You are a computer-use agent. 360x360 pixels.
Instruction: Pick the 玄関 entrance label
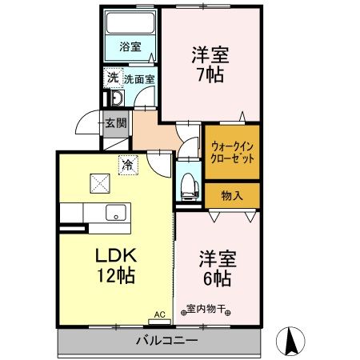pyautogui.click(x=115, y=123)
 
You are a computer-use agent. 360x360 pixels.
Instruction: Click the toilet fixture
pyautogui.click(x=189, y=182)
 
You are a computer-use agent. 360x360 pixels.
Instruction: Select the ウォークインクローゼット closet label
pyautogui.click(x=232, y=153)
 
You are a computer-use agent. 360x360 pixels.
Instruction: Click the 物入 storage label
pyautogui.click(x=232, y=194)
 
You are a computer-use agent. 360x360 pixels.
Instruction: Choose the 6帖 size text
pyautogui.click(x=215, y=278)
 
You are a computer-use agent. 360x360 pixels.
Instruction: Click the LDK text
pyautogui.click(x=117, y=257)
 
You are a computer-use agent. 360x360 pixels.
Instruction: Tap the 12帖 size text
pyautogui.click(x=117, y=277)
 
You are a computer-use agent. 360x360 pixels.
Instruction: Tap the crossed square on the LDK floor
pyautogui.click(x=100, y=182)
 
